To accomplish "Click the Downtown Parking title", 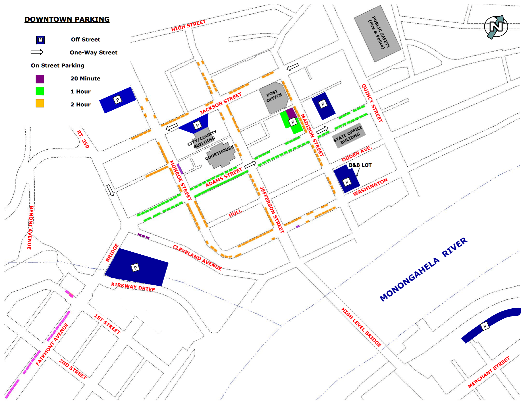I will [67, 19].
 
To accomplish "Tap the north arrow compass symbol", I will [496, 27].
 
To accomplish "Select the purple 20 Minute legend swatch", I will [40, 79].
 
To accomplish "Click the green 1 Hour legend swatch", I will [40, 91].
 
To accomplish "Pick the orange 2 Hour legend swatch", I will [40, 103].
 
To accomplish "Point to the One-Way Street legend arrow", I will [37, 52].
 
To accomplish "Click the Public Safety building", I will [377, 33].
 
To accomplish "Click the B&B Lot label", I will [360, 165].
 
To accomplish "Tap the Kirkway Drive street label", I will [133, 287].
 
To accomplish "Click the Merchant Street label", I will [489, 372].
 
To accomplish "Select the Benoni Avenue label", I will [30, 227].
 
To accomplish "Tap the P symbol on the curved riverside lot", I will [485, 326].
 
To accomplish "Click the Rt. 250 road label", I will [83, 139].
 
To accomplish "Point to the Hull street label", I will [235, 213].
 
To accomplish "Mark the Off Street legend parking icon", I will [40, 40].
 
